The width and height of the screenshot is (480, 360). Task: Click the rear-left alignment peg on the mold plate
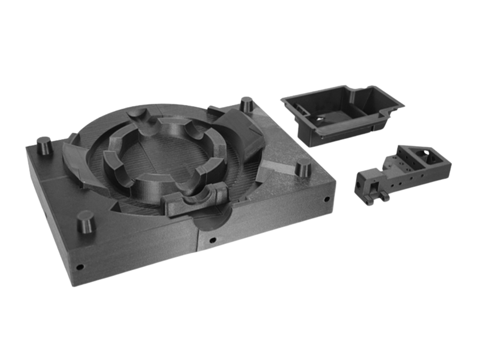coord(44,145)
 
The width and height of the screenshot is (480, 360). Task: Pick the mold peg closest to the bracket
coord(303,166)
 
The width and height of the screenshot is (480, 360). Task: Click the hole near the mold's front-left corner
coord(80,266)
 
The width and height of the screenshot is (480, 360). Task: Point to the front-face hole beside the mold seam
coord(213,240)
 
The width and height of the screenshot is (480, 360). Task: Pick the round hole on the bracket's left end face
coord(358,185)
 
